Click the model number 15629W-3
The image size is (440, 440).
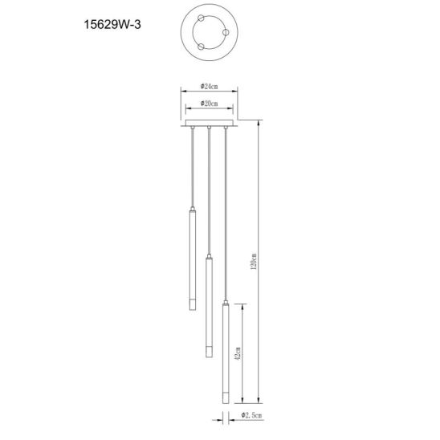(x=112, y=24)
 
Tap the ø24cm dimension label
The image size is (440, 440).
(x=209, y=87)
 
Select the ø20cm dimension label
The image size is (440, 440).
(x=209, y=104)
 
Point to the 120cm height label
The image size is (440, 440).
(x=254, y=262)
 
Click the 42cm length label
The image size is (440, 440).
(x=238, y=353)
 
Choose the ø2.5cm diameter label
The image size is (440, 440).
(x=251, y=415)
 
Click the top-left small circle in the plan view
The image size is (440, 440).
(x=201, y=18)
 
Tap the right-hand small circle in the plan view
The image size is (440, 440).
(x=226, y=33)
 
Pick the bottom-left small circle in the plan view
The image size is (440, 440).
(x=201, y=47)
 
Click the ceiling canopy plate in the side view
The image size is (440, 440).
(x=209, y=123)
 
